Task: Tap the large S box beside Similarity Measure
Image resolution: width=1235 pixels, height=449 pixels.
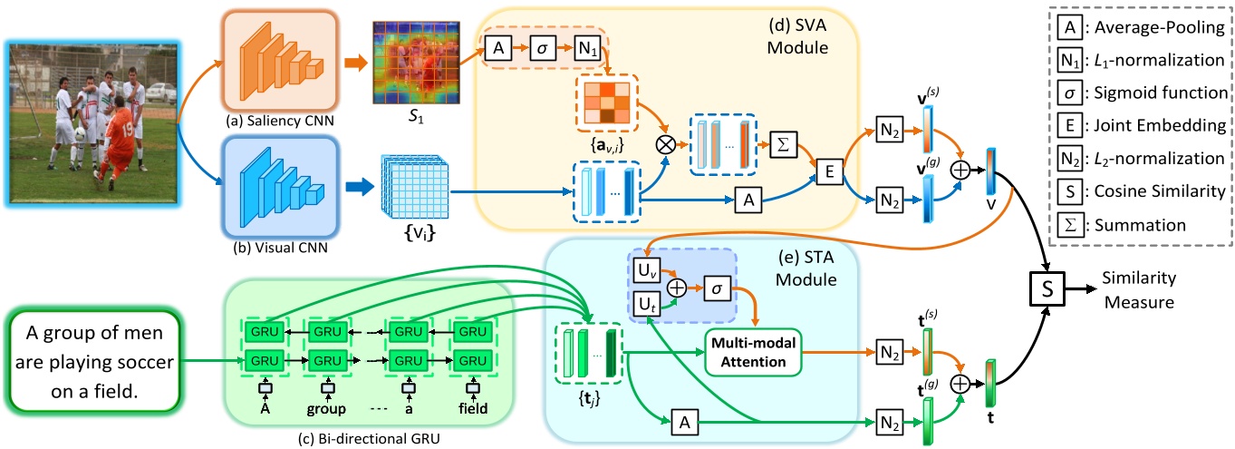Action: [1050, 292]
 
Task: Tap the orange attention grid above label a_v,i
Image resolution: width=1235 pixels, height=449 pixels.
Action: [608, 102]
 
